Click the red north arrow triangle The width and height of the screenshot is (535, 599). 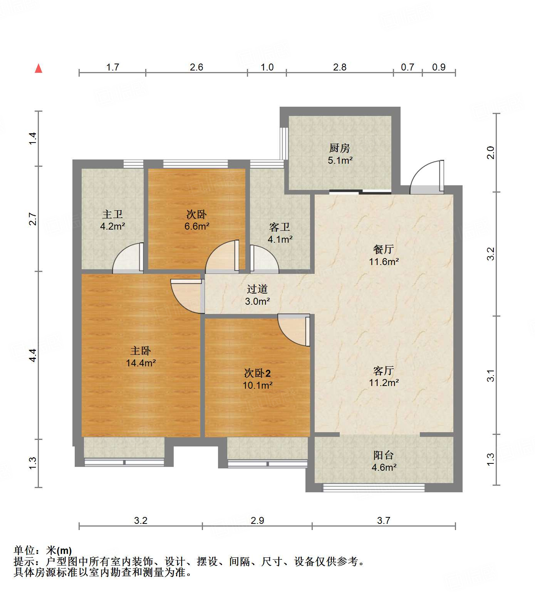click(x=39, y=69)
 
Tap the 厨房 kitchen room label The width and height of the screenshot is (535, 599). click(x=340, y=148)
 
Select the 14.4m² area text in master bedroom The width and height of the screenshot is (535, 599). click(x=141, y=363)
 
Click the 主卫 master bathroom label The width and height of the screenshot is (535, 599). click(x=112, y=214)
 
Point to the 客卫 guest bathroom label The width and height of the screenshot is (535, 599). click(x=280, y=227)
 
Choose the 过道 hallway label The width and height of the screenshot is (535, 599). click(x=257, y=289)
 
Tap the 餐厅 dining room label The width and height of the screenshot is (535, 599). click(x=384, y=249)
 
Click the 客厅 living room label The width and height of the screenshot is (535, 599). click(x=384, y=371)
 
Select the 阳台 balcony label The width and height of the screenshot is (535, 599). click(x=384, y=455)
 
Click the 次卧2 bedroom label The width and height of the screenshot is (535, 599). click(x=257, y=373)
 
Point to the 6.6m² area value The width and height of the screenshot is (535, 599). click(x=197, y=227)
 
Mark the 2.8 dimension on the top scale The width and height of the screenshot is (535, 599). click(x=340, y=67)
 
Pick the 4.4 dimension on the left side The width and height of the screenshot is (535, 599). click(x=33, y=355)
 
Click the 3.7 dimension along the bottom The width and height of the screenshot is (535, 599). click(x=384, y=521)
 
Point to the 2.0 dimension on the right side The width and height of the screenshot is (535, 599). click(x=490, y=153)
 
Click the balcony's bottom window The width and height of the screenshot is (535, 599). click(x=373, y=488)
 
